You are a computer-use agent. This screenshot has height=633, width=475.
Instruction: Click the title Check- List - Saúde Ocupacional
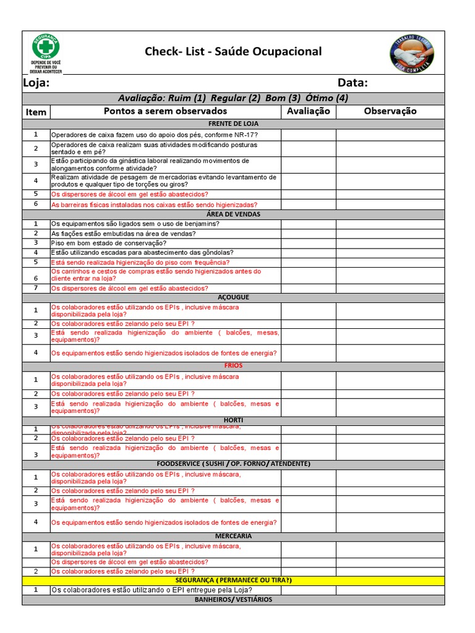[233, 51]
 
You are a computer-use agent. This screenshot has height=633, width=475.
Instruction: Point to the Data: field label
[353, 83]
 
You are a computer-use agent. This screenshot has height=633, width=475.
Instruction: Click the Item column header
[36, 112]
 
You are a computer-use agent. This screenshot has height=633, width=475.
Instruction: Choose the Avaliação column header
[309, 111]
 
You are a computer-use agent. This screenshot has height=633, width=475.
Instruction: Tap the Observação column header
[390, 111]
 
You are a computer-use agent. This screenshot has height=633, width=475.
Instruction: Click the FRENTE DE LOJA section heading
[233, 124]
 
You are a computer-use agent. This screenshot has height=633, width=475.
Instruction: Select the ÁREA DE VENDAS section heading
[233, 215]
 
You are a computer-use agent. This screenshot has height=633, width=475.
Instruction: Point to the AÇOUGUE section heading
[233, 297]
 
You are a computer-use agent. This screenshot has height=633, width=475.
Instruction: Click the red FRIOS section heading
[233, 366]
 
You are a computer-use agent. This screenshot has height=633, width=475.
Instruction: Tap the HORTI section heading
[233, 420]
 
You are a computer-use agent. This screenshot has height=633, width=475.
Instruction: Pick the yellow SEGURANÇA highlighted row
[233, 580]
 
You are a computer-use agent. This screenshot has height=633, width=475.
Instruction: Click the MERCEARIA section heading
[233, 536]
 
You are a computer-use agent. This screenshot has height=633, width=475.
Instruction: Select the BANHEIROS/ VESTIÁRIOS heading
[233, 600]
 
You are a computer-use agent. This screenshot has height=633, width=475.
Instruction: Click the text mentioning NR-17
[155, 135]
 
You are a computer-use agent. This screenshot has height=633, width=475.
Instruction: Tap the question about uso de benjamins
[135, 224]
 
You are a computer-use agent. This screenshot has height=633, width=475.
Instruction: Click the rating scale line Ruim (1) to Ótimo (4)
[233, 98]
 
